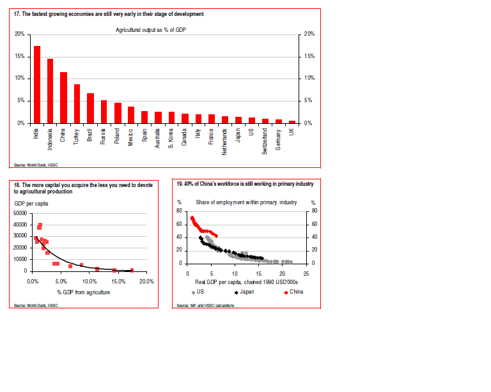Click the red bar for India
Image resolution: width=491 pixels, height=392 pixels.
(x=37, y=84)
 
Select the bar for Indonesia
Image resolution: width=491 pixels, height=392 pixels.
(x=51, y=91)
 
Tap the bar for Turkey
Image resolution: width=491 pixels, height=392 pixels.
(x=77, y=103)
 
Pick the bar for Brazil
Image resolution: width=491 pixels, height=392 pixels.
(x=90, y=108)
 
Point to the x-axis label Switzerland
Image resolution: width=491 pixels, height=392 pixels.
(x=265, y=137)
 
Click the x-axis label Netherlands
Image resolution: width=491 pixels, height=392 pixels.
(x=225, y=139)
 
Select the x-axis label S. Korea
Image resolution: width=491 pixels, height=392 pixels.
(x=171, y=136)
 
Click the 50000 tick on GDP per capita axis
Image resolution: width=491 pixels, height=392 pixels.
(x=19, y=213)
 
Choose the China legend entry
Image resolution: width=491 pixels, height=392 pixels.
(x=293, y=292)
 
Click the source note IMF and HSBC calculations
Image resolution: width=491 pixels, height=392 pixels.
(x=207, y=306)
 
